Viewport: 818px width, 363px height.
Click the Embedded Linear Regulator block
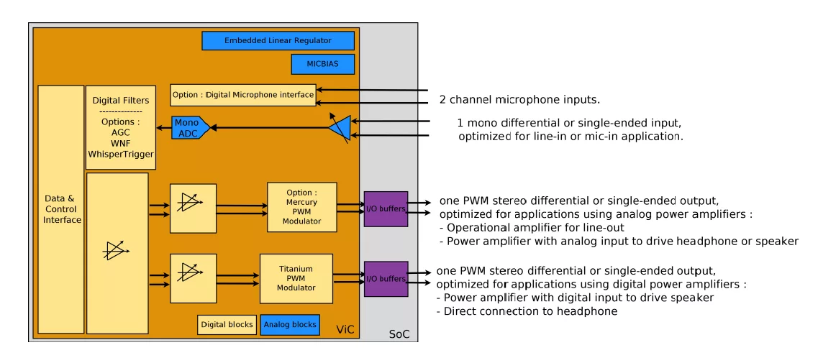click(x=278, y=41)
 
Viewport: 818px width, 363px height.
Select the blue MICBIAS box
click(x=323, y=64)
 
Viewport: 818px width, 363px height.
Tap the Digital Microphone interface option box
click(x=243, y=95)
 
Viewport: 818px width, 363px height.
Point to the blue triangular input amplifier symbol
click(x=340, y=129)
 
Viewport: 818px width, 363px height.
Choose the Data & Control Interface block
click(x=61, y=209)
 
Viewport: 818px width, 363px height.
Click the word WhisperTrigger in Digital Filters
click(x=120, y=154)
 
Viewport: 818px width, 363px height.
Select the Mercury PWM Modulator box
click(x=301, y=207)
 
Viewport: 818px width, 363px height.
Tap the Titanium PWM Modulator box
click(x=296, y=278)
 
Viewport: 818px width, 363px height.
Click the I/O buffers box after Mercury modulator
click(x=386, y=209)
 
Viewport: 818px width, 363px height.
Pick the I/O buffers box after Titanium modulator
click(x=386, y=279)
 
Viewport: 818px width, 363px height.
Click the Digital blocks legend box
click(x=227, y=325)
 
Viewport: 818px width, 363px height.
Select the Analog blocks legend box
click(x=290, y=325)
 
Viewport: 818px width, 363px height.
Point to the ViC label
click(x=345, y=329)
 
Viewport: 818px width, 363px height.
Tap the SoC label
click(x=399, y=334)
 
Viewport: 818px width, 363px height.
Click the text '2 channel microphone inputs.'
click(x=519, y=99)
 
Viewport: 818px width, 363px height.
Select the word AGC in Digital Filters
click(x=120, y=133)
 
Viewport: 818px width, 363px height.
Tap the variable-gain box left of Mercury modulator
click(x=193, y=208)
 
